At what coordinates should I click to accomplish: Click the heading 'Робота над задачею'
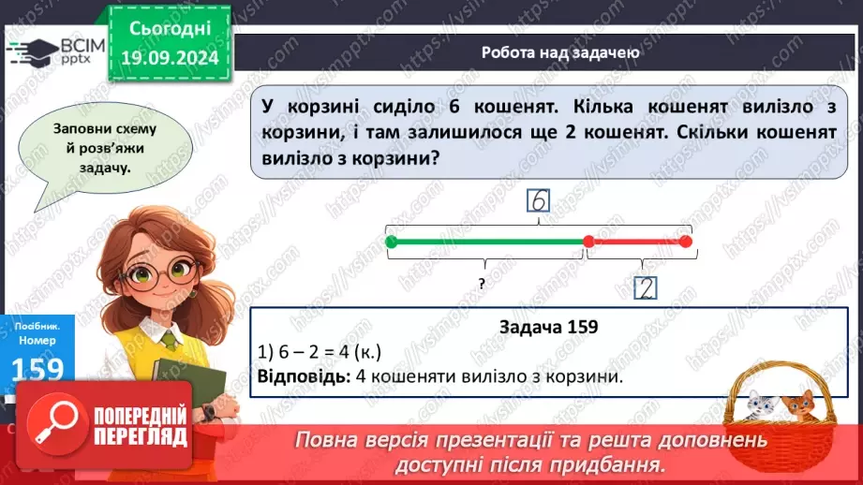pos(560,52)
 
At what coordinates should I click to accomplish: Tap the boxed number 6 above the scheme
pos(538,201)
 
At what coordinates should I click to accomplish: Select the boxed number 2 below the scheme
pos(645,287)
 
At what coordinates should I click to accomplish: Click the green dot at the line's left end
pos(392,242)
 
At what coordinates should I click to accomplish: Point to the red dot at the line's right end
pos(685,242)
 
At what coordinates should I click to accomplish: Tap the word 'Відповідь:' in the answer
pos(299,376)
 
